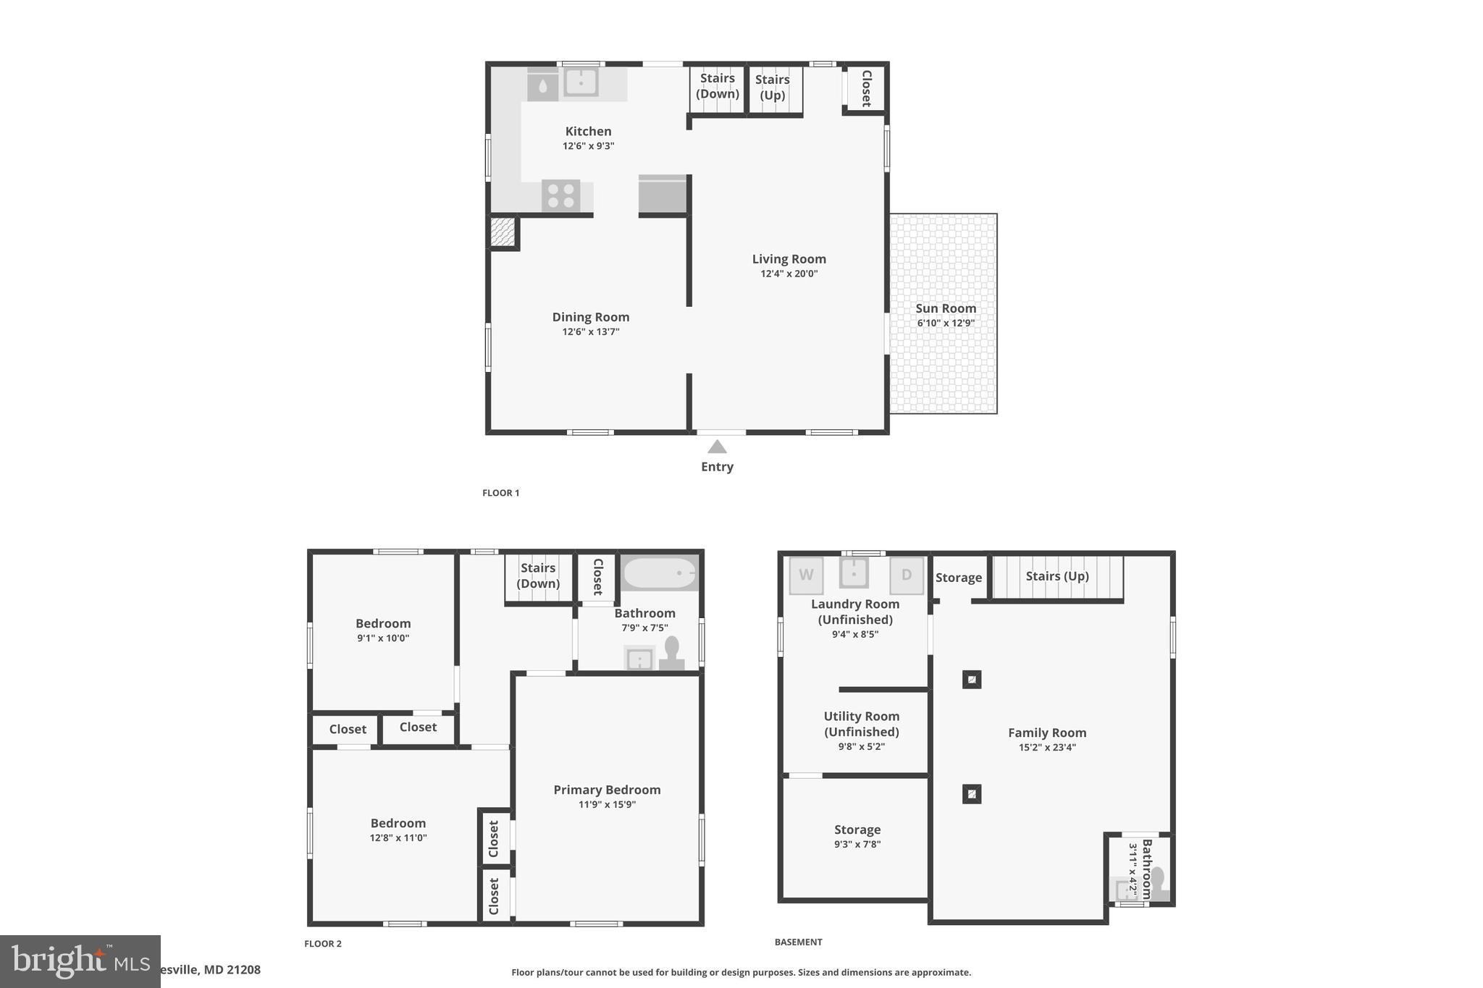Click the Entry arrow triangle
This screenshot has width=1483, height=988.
coord(717,447)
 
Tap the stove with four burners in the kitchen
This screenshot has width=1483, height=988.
coord(560,195)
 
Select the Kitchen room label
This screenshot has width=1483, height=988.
coord(588,131)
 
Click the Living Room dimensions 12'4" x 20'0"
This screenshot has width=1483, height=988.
coord(789,274)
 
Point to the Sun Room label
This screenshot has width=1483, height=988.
coord(945,308)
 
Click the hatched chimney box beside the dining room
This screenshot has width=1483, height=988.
coord(503,232)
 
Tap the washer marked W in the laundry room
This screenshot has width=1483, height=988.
coord(806,575)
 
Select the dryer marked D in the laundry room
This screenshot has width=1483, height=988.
coord(906,575)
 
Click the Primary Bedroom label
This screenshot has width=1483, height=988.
coord(607,790)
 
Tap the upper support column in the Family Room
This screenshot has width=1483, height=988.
coord(972,680)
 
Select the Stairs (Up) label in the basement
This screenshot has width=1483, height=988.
coord(1057,576)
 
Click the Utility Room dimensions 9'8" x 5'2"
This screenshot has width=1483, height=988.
coord(861,746)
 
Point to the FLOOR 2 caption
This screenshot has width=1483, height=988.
coord(323,943)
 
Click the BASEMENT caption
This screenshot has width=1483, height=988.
coord(798,942)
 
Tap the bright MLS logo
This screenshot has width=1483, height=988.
coord(80,961)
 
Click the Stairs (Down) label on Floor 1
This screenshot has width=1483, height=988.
coord(717,86)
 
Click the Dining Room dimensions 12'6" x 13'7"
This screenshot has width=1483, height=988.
coord(590,332)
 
